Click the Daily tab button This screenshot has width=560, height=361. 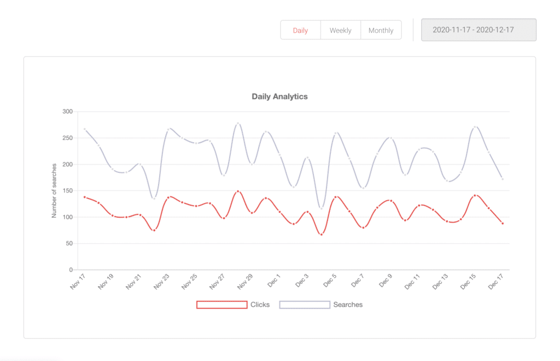click(300, 30)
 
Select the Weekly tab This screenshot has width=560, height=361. click(340, 30)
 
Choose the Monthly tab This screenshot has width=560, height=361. click(381, 30)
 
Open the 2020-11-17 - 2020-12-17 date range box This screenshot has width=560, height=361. click(479, 30)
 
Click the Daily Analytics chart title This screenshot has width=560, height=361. click(279, 97)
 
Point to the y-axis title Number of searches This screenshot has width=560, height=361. click(54, 190)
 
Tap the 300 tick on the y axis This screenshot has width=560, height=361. click(67, 112)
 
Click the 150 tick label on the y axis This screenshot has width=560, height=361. click(67, 191)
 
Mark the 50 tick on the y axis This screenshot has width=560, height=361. click(69, 243)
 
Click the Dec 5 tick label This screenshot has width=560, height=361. click(329, 282)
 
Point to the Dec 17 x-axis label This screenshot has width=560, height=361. click(496, 282)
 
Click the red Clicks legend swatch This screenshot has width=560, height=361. click(221, 305)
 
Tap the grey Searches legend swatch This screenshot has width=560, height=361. click(305, 305)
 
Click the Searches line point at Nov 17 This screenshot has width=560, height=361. click(85, 129)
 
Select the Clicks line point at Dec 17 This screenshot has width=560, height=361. click(502, 223)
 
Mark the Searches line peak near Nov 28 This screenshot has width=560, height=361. click(238, 124)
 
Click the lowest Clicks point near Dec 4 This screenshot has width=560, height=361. click(321, 234)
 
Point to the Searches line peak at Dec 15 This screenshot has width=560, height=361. click(475, 127)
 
